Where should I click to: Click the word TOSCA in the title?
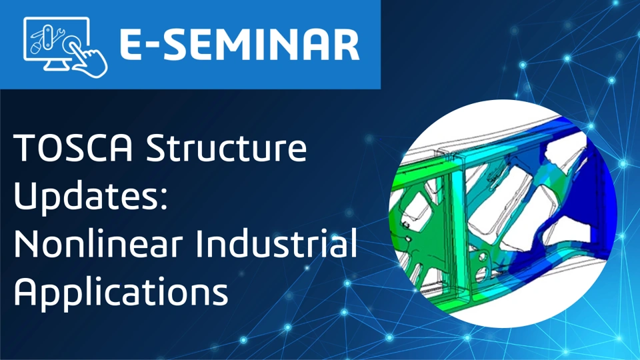73,147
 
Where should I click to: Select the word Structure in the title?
226,147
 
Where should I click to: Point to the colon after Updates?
163,199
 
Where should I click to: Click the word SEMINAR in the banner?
262,45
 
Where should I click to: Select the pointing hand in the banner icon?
89,59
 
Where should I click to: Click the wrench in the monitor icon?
59,35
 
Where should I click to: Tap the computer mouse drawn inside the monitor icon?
36,48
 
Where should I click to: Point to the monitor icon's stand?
56,65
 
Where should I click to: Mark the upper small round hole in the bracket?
483,256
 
